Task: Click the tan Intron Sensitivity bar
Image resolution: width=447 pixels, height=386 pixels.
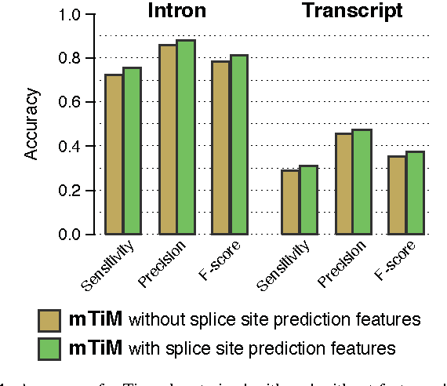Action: pyautogui.click(x=114, y=155)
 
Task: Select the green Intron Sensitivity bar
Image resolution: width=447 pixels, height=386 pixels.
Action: pyautogui.click(x=132, y=151)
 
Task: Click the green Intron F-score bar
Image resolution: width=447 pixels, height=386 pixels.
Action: pyautogui.click(x=238, y=144)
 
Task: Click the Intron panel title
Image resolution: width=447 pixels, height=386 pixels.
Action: pyautogui.click(x=177, y=11)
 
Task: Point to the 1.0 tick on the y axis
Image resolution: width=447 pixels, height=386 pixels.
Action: pyautogui.click(x=71, y=14)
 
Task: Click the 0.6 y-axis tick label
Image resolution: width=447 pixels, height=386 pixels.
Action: pyautogui.click(x=71, y=103)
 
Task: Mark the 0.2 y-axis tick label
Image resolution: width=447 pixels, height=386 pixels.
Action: pyautogui.click(x=71, y=191)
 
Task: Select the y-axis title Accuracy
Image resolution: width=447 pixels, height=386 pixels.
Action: pyautogui.click(x=31, y=124)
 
